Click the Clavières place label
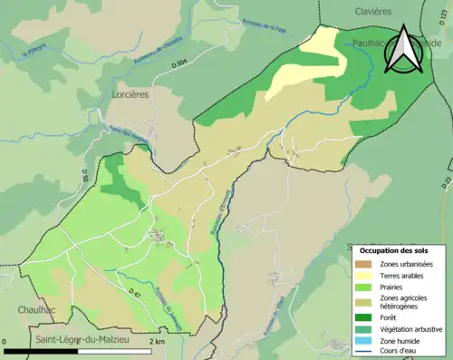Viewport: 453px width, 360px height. (x=367, y=11)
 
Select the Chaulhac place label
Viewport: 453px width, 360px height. (x=36, y=309)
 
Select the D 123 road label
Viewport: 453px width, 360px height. (x=446, y=182)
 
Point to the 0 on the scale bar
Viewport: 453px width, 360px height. (x=6, y=342)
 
